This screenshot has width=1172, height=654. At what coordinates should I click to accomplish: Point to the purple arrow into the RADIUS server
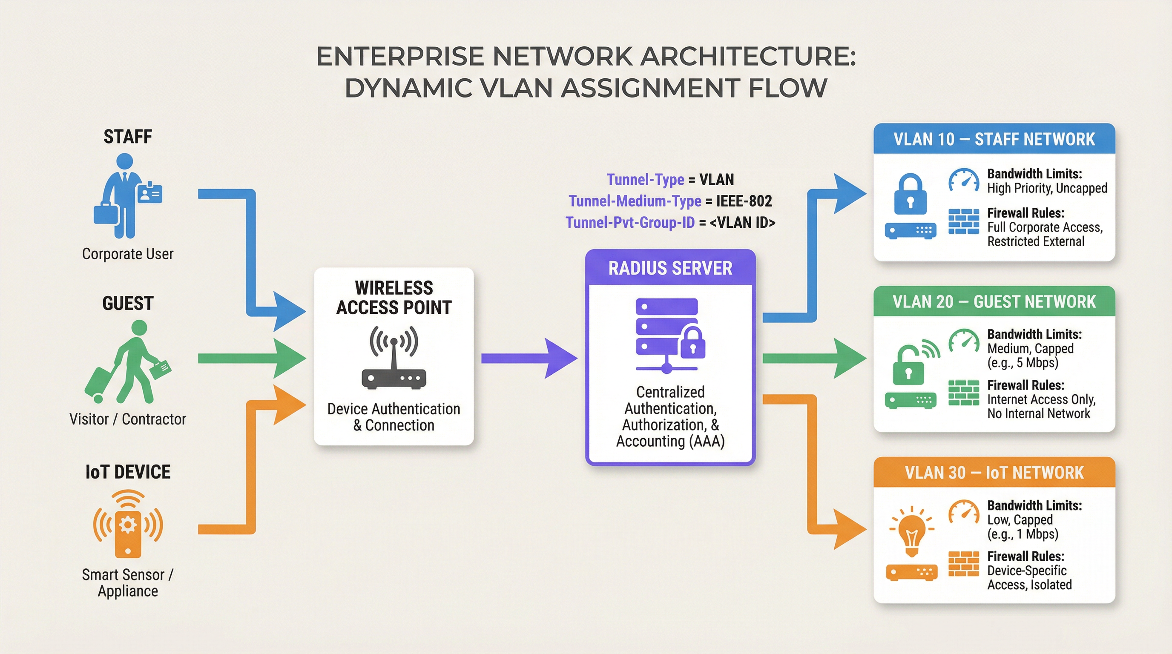(528, 359)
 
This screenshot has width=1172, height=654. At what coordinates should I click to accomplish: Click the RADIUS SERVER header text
(670, 268)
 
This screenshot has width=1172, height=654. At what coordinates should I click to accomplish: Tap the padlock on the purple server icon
(692, 343)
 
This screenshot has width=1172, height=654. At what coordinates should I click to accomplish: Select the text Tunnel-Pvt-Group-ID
(630, 223)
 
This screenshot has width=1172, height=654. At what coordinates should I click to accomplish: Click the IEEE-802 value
(744, 201)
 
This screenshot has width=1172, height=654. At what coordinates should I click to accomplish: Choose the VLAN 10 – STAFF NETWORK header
(994, 139)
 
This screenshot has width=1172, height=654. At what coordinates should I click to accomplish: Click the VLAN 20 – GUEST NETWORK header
(994, 302)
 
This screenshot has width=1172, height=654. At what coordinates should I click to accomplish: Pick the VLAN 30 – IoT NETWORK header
(994, 473)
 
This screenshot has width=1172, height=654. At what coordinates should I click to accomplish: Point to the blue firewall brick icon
(963, 221)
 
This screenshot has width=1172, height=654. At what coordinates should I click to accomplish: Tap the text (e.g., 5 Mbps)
(1023, 363)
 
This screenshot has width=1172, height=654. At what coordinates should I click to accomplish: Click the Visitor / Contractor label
(127, 419)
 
